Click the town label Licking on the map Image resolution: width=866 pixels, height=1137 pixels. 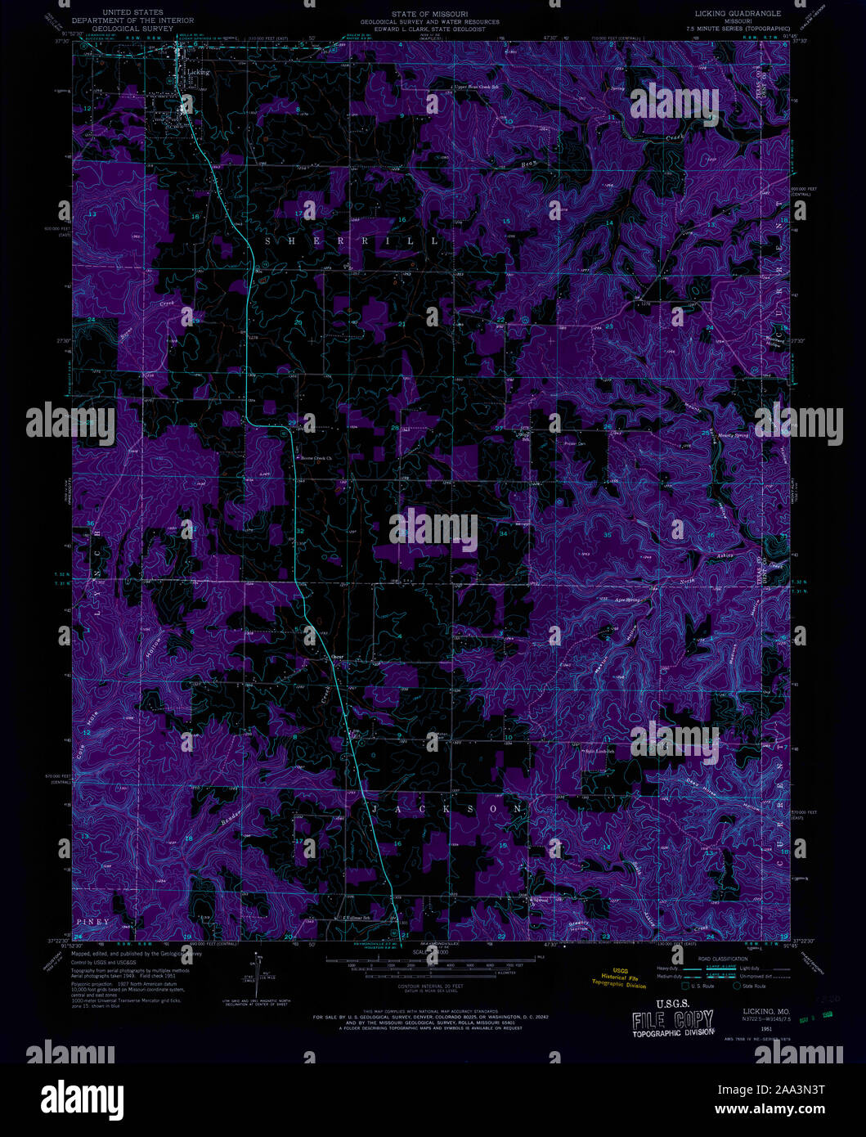pyautogui.click(x=199, y=72)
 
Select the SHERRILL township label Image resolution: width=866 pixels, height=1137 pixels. pyautogui.click(x=352, y=242)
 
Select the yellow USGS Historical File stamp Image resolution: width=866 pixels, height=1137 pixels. pyautogui.click(x=618, y=977)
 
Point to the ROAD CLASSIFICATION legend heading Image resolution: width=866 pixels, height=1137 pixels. pyautogui.click(x=722, y=959)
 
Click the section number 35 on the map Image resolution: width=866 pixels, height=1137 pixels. pyautogui.click(x=607, y=535)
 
